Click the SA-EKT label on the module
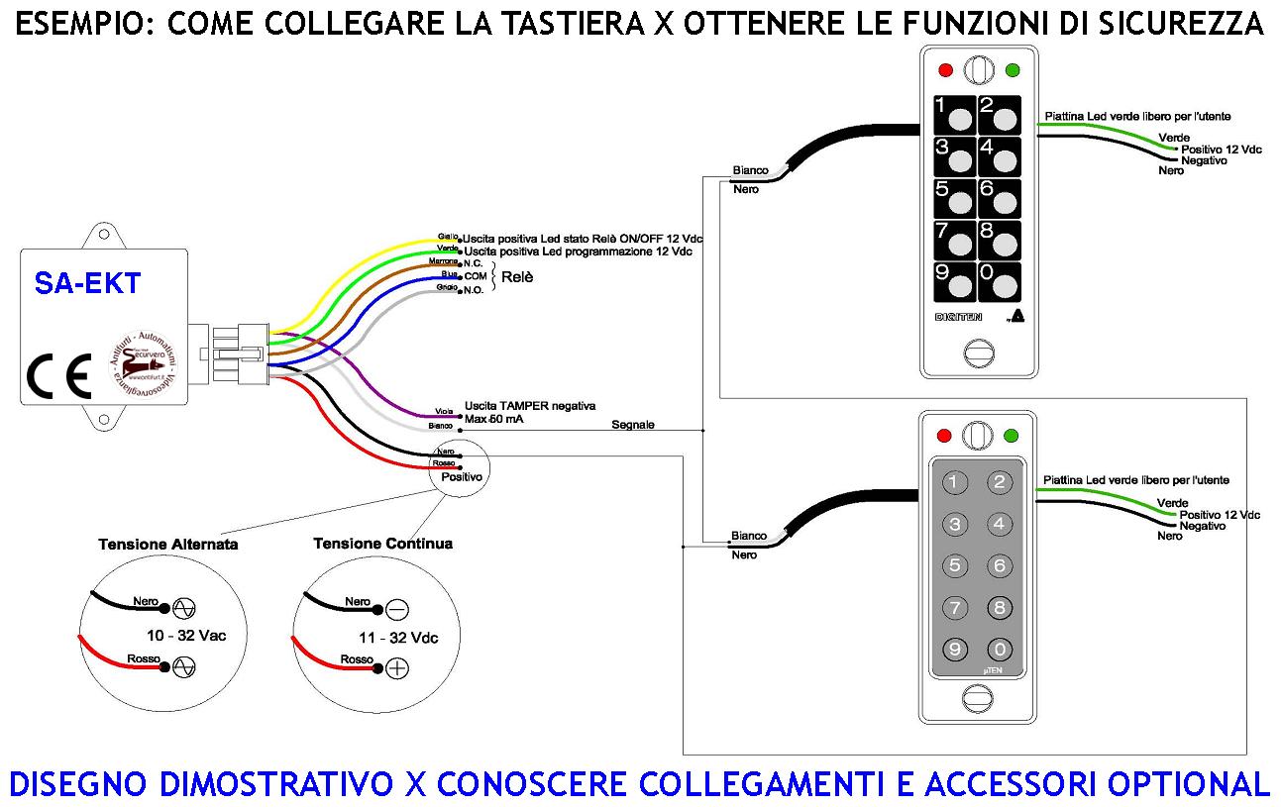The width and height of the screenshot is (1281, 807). [x=87, y=284]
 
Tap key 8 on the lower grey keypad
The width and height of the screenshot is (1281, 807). [x=999, y=607]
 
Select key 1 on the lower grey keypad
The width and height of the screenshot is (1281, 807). [x=954, y=482]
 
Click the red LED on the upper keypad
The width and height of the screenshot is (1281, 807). [x=944, y=70]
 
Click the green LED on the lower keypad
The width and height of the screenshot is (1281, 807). [x=1012, y=436]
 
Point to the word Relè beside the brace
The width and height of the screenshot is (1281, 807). [x=517, y=277]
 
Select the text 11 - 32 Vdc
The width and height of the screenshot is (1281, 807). [x=398, y=637]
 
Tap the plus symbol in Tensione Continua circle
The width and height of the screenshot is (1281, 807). [x=396, y=668]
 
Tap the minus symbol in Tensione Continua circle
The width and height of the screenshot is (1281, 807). [x=396, y=609]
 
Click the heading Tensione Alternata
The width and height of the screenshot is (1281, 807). [x=168, y=545]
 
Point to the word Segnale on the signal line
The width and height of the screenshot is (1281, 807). [x=633, y=424]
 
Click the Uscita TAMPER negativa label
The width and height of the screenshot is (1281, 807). [x=529, y=405]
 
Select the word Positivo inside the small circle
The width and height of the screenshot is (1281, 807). [x=462, y=476]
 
